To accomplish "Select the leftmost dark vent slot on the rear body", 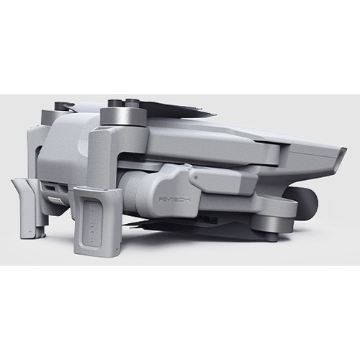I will [x=45, y=188].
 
